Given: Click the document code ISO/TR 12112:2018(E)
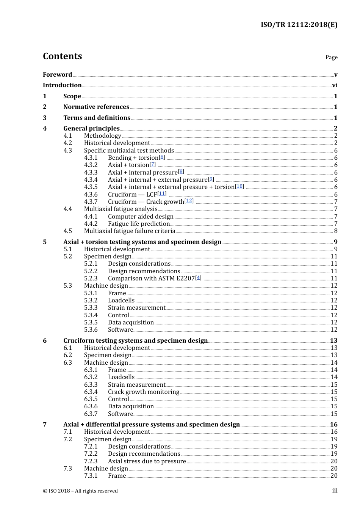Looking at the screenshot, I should click(x=299, y=25).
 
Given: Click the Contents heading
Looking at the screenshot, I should click(x=62, y=56).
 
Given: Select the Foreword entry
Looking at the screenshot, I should click(x=57, y=75).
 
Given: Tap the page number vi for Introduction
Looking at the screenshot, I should click(x=335, y=85).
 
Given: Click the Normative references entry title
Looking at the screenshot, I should click(x=96, y=107).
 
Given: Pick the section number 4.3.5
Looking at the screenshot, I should click(x=91, y=187).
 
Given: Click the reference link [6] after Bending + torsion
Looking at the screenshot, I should click(x=162, y=157).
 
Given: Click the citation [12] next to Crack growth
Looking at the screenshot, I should click(x=189, y=201).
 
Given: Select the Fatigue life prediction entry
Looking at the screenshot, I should click(x=139, y=224).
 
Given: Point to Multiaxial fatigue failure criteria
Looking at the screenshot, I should click(x=130, y=231).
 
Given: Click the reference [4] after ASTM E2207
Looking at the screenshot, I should click(x=198, y=278).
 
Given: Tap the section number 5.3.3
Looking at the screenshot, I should click(x=91, y=308).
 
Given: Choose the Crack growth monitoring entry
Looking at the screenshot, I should click(x=144, y=392).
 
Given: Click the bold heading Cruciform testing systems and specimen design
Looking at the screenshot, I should click(x=135, y=341).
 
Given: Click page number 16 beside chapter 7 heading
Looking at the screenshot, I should click(x=333, y=425).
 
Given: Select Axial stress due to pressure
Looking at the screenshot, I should click(x=147, y=461).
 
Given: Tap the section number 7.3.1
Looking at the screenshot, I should click(x=91, y=476).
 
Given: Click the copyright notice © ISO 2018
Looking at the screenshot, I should click(x=80, y=491).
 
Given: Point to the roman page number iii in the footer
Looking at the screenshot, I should click(x=335, y=491).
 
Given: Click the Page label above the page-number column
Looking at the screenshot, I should click(x=331, y=57).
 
